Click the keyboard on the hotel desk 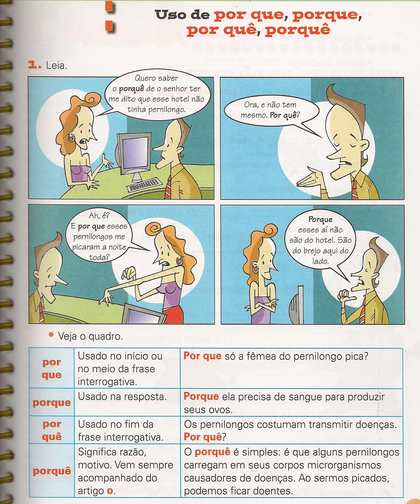click(x=144, y=185)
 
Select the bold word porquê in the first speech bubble click(x=132, y=89)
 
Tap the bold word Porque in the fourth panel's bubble click(x=320, y=219)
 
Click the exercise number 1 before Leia click(x=34, y=65)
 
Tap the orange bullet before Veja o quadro click(x=51, y=335)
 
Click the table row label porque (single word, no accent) click(x=52, y=402)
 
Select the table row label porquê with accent click(x=52, y=471)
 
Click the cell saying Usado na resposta click(x=122, y=397)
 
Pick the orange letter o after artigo click(x=110, y=491)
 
